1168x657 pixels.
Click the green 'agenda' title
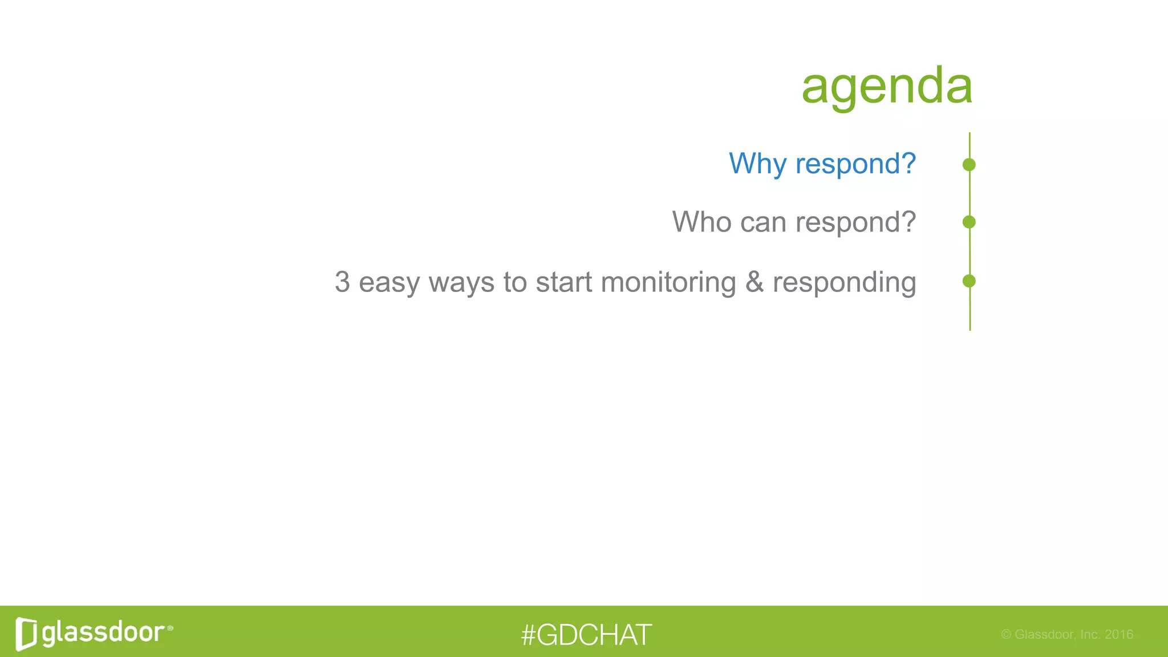point(886,86)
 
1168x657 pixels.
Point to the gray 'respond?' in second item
point(855,223)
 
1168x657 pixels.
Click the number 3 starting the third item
point(342,282)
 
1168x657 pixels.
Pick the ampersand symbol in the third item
point(754,282)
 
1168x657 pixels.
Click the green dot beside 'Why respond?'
point(968,165)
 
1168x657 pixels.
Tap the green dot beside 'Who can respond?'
point(968,222)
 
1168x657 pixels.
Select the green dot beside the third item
point(968,281)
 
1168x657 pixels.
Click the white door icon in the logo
point(26,634)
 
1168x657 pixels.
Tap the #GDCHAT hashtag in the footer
point(586,635)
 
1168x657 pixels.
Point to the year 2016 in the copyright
point(1118,634)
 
